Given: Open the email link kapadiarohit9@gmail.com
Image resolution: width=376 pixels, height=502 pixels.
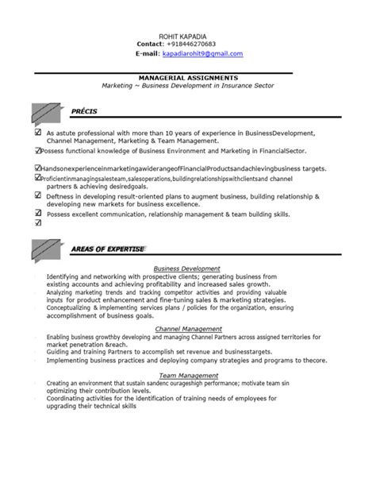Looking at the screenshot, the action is pyautogui.click(x=202, y=53).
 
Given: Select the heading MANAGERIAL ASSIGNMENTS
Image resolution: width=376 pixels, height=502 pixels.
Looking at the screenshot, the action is pyautogui.click(x=187, y=77).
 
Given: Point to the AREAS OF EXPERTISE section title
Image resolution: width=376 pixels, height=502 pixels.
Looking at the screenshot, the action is pyautogui.click(x=107, y=249).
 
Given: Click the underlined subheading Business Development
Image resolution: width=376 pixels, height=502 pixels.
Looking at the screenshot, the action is pyautogui.click(x=187, y=268).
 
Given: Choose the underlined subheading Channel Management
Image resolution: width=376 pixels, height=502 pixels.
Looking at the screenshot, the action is pyautogui.click(x=187, y=327).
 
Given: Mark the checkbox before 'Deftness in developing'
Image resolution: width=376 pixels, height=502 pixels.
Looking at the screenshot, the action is pyautogui.click(x=39, y=195).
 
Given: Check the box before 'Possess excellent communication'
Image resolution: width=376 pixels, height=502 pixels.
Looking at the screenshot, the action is pyautogui.click(x=39, y=213).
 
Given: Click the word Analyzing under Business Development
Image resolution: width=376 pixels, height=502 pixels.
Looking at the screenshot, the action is pyautogui.click(x=64, y=292).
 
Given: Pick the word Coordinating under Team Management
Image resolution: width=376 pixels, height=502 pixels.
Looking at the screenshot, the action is pyautogui.click(x=69, y=398).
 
